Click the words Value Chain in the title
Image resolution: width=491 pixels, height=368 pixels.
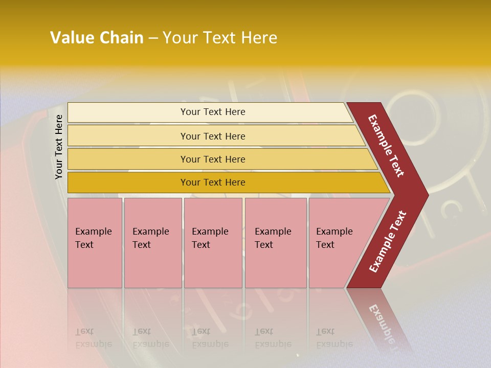coord(97,38)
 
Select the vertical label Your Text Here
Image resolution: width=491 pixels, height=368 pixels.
coord(59,147)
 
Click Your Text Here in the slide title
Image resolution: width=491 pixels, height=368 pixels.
coord(220,38)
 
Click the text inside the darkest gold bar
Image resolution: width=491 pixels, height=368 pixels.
coord(213,182)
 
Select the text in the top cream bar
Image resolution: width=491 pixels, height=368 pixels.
coord(213,112)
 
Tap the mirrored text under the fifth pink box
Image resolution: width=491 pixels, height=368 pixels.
coord(334,338)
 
